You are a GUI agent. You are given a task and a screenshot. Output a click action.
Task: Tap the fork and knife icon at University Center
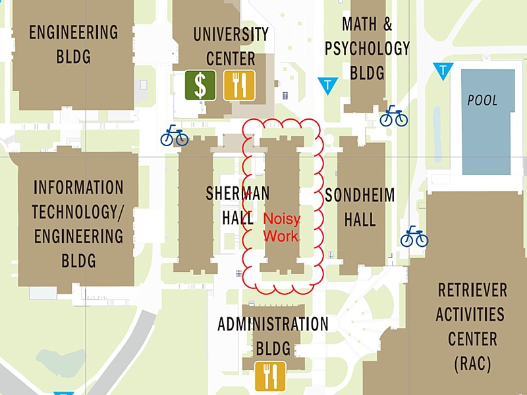click(238, 85)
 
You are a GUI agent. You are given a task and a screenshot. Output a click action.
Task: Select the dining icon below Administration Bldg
click(271, 376)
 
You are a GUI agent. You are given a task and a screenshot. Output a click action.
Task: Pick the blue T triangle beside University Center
click(327, 84)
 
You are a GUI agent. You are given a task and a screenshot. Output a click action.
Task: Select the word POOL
click(482, 101)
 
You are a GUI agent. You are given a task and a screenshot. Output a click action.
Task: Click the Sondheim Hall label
click(360, 207)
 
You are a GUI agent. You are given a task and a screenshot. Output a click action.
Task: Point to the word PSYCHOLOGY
click(367, 48)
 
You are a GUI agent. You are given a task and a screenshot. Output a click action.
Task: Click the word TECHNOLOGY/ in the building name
click(78, 211)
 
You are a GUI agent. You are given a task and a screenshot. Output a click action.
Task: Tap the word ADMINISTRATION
click(273, 324)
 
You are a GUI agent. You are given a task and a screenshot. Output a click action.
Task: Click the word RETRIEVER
click(472, 290)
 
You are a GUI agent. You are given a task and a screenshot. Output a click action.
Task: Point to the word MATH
click(359, 25)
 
